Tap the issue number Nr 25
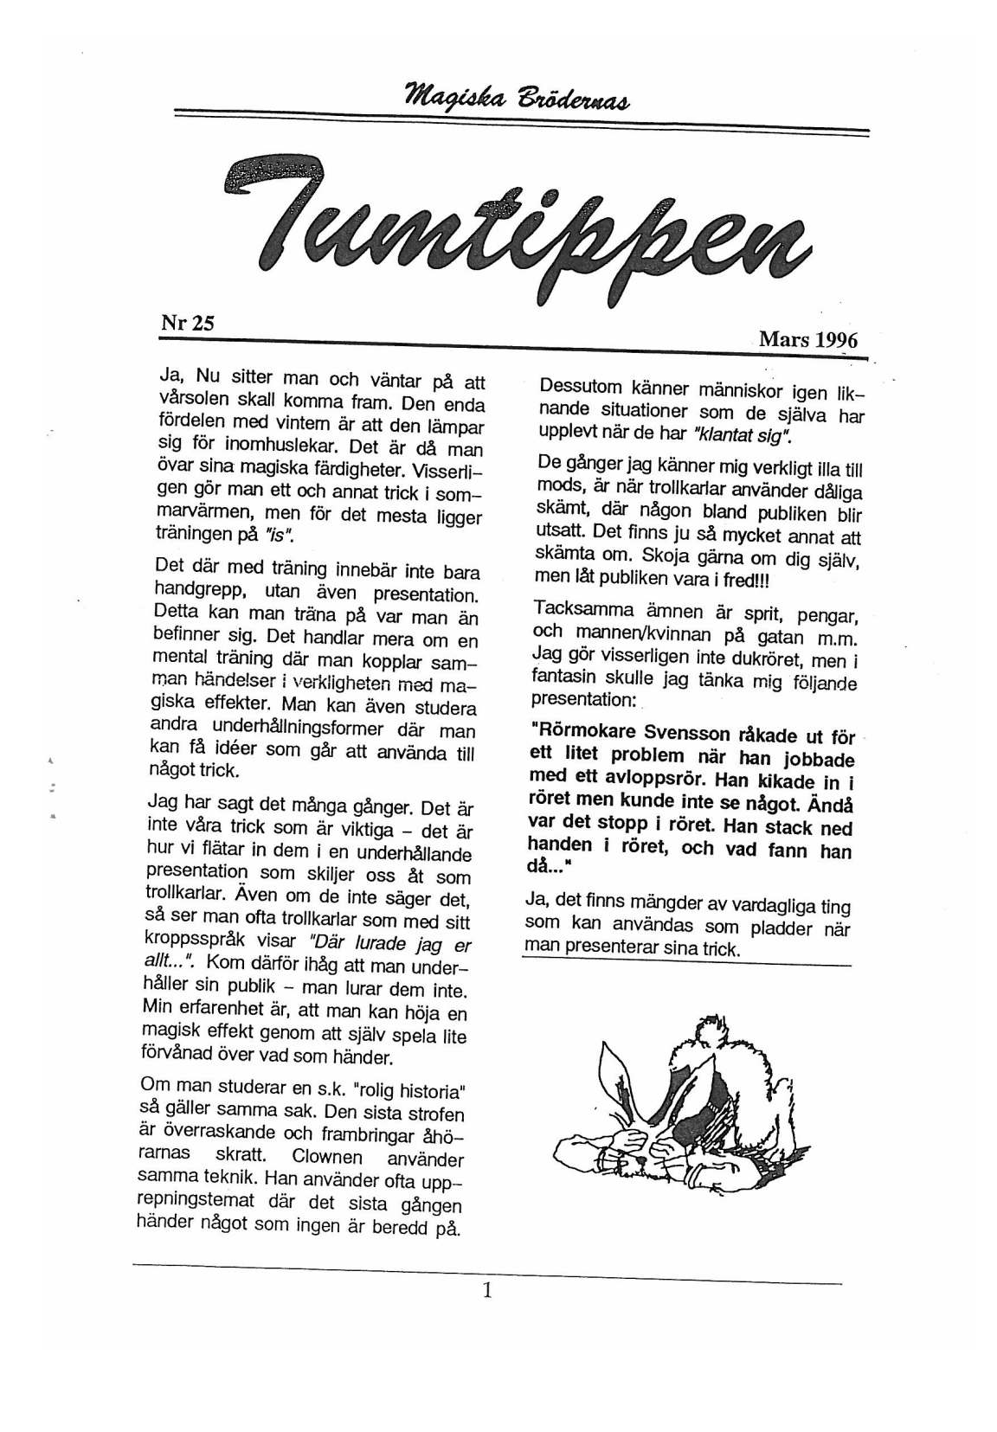click(x=187, y=324)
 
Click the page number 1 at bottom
click(x=487, y=1290)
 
